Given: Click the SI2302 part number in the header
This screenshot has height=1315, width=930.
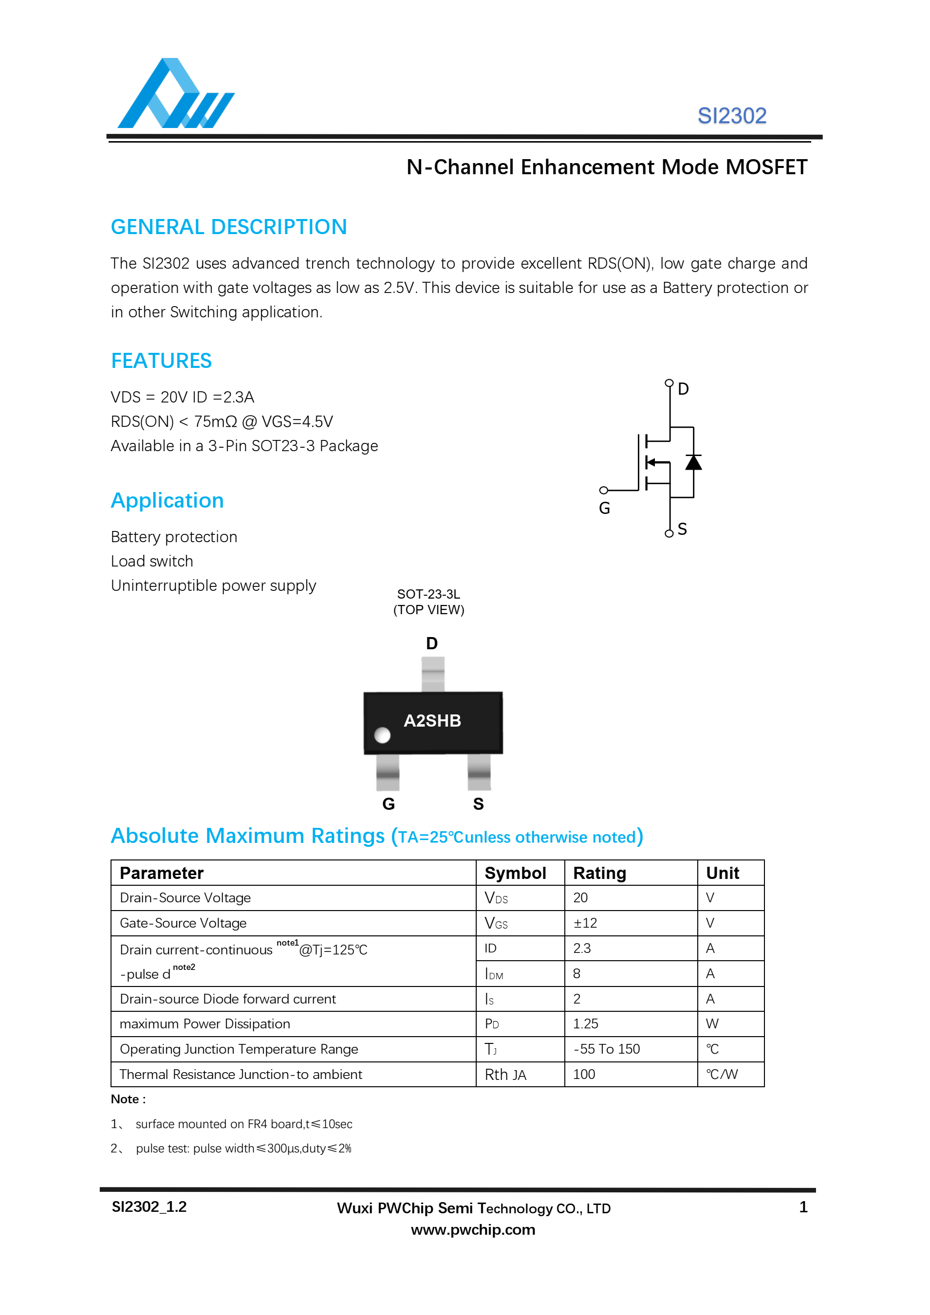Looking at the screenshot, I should click(731, 116).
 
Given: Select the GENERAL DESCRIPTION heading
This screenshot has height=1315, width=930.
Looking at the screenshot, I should click(229, 227).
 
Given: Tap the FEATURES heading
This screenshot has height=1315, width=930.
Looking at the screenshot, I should click(161, 361).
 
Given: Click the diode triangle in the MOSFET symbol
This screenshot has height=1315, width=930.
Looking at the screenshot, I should click(693, 462).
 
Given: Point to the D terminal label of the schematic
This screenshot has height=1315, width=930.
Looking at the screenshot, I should click(683, 389).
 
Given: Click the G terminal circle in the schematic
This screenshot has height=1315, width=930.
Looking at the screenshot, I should click(603, 490).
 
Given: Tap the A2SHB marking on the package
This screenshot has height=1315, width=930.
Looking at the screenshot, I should click(432, 720).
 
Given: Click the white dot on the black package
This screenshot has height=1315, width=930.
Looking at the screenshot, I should click(382, 735).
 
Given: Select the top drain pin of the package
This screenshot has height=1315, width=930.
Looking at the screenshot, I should click(433, 674).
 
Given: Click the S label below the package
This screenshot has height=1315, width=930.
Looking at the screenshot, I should click(479, 804).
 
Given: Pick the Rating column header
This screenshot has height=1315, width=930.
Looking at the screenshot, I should click(599, 873).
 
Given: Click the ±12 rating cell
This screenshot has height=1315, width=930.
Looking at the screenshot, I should click(585, 923).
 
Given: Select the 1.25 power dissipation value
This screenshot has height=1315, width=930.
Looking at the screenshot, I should click(586, 1024).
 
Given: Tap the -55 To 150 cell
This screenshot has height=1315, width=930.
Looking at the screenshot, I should click(606, 1049).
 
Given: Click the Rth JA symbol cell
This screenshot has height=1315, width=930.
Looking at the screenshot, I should click(505, 1075).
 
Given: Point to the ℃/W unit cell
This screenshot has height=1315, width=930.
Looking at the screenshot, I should click(722, 1075).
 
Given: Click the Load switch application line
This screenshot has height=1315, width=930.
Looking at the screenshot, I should click(152, 561).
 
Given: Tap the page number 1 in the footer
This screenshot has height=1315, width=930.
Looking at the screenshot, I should click(803, 1207).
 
